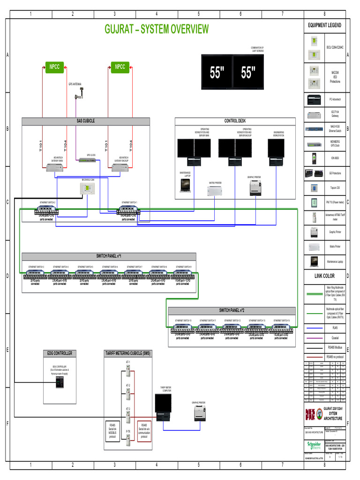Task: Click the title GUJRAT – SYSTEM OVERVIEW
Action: pyautogui.click(x=157, y=30)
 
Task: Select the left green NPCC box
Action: pyautogui.click(x=54, y=67)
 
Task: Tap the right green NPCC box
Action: pyautogui.click(x=120, y=67)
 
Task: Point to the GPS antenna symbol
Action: pyautogui.click(x=78, y=96)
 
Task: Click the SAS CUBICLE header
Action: pyautogui.click(x=86, y=121)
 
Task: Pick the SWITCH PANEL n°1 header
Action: pyautogui.click(x=108, y=256)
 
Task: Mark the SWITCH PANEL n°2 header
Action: pyautogui.click(x=232, y=310)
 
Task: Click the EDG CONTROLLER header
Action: pyautogui.click(x=60, y=353)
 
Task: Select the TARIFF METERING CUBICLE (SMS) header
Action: pyautogui.click(x=134, y=353)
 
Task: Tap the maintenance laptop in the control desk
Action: pyautogui.click(x=185, y=185)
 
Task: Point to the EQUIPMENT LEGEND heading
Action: pyautogui.click(x=324, y=25)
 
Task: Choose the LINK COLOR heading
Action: pyautogui.click(x=324, y=276)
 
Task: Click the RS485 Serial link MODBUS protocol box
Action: pyautogui.click(x=112, y=430)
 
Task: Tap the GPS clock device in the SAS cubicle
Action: pyautogui.click(x=88, y=160)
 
